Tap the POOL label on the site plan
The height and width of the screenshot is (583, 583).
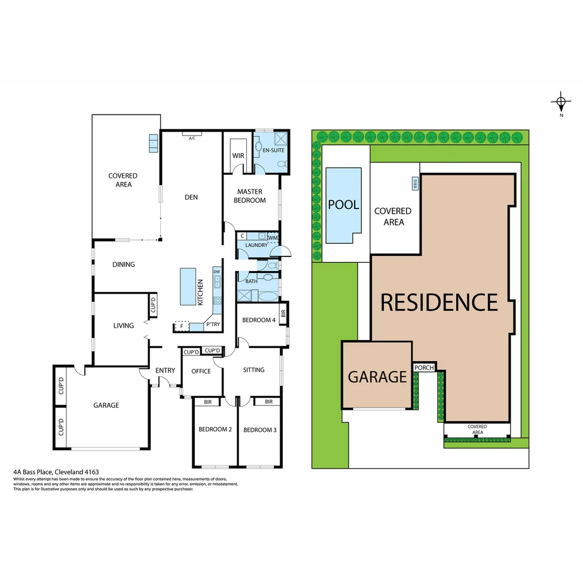344,205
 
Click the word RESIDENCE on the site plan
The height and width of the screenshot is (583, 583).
439,302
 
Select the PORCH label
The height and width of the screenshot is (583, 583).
424,368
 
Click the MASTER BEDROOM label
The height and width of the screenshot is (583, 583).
249,196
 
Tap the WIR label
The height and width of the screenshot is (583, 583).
239,155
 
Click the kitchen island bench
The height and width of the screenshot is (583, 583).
188,287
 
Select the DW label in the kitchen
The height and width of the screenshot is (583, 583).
216,272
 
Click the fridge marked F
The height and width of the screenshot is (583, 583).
181,326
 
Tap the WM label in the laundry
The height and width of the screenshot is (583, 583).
273,236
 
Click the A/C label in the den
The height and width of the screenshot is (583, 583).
192,139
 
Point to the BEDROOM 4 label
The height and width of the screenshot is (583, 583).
259,320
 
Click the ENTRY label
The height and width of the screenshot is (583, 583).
165,370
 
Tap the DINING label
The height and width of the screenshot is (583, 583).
124,265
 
